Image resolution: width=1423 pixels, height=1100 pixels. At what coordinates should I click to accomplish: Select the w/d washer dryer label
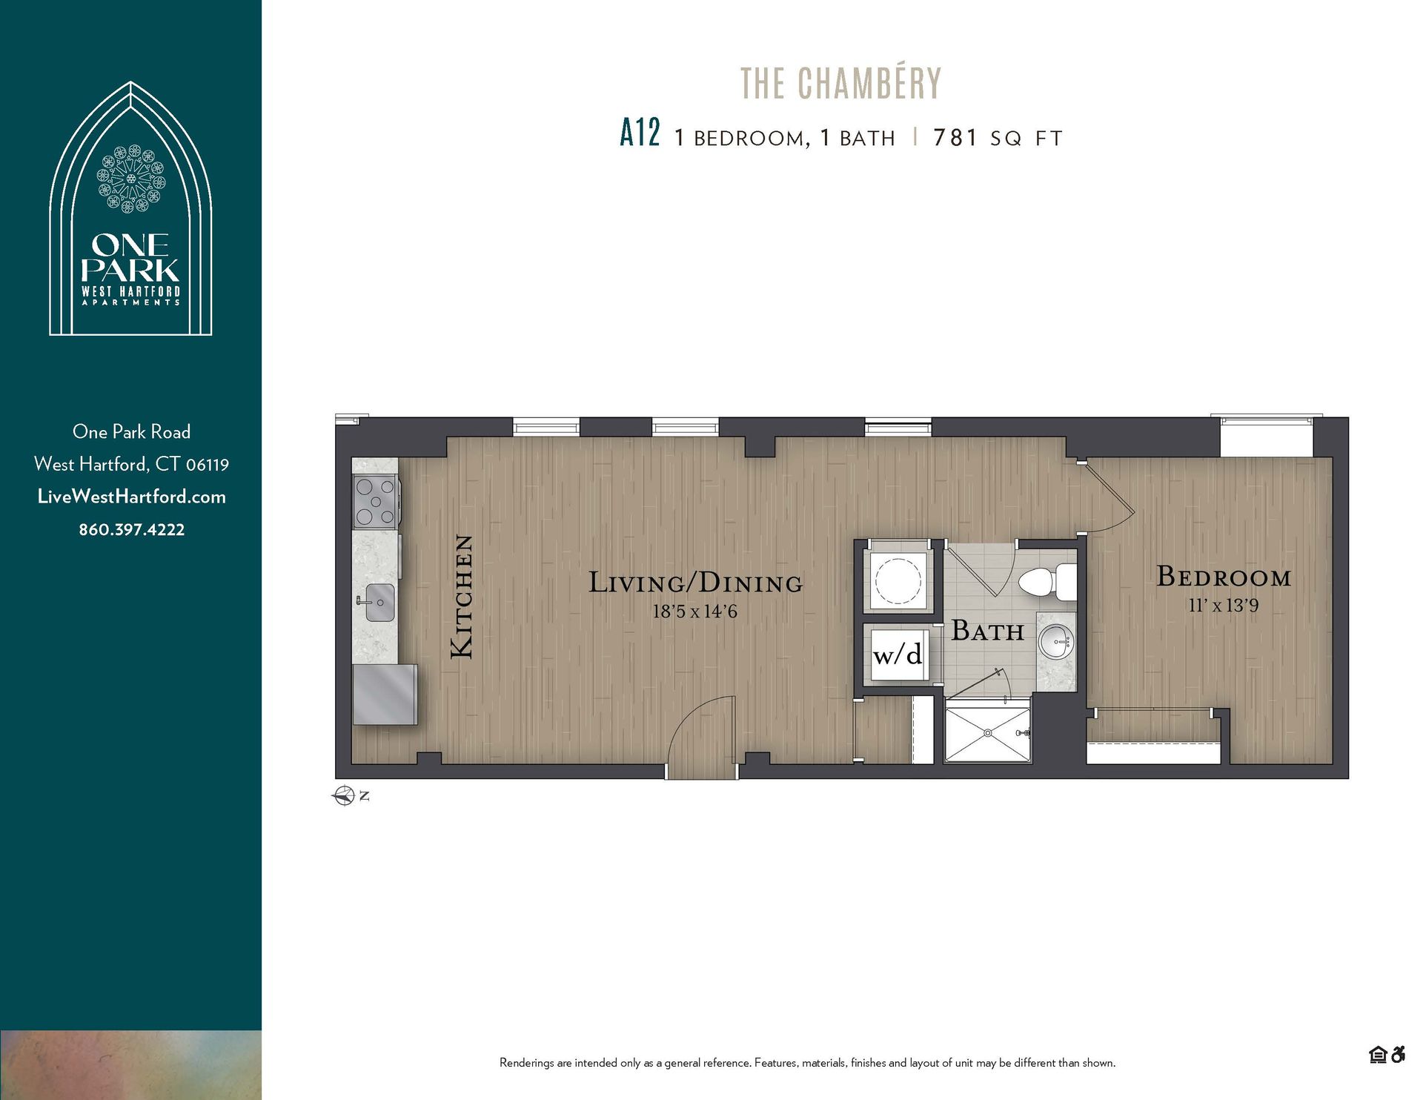tap(898, 655)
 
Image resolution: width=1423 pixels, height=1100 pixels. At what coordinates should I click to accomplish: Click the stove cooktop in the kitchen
tap(376, 502)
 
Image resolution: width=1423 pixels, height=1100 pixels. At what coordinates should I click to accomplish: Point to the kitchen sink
tap(379, 600)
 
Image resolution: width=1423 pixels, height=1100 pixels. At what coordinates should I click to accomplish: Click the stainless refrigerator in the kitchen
tap(384, 695)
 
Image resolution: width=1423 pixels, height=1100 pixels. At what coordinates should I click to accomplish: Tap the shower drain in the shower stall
tap(987, 733)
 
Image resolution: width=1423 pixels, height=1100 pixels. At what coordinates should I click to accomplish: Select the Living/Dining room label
tap(695, 583)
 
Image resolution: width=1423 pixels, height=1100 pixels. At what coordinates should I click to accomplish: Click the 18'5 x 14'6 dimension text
tap(694, 612)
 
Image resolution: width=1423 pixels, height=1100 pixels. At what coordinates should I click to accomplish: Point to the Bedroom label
tap(1224, 577)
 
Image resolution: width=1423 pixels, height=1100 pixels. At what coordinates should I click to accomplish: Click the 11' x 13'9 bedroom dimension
tap(1224, 606)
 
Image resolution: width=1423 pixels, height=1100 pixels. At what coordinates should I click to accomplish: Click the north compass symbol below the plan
tap(344, 796)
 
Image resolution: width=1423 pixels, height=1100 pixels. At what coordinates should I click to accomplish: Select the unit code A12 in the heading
tap(640, 134)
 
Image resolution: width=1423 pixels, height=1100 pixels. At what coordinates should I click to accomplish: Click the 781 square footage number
tap(955, 138)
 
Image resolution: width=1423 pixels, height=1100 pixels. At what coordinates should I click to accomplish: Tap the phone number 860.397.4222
tap(131, 530)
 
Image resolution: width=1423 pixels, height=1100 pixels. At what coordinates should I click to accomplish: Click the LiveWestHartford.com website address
tap(131, 497)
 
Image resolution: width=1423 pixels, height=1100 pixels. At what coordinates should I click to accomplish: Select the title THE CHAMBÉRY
tap(840, 83)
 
